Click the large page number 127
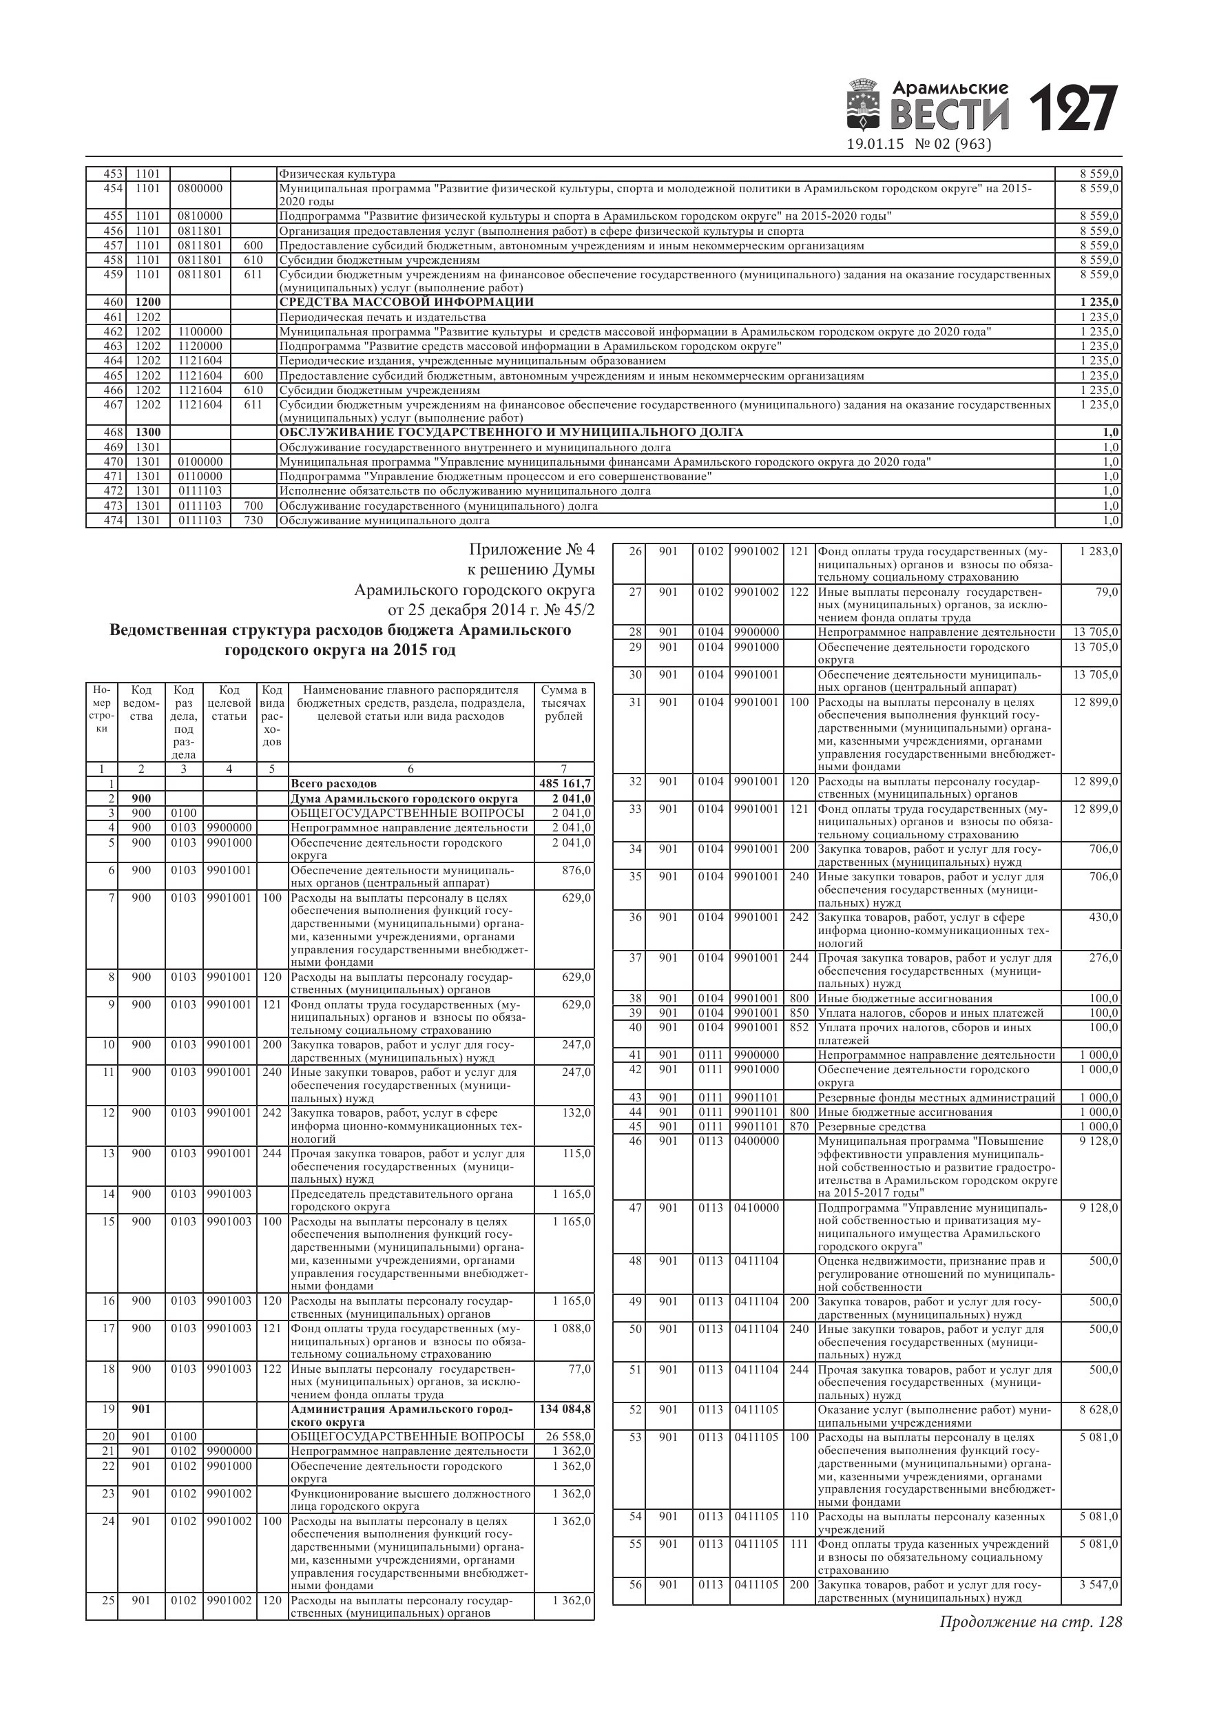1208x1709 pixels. coord(1073,109)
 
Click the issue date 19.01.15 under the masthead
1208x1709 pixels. coord(875,145)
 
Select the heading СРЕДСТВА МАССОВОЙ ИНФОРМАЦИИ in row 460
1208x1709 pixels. coord(406,302)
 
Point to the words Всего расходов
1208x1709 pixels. coord(333,784)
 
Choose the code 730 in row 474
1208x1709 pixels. coord(253,520)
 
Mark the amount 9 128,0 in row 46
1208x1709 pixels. coord(1098,1141)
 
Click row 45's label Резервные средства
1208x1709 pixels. coord(872,1127)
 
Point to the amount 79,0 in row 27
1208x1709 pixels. coord(1106,592)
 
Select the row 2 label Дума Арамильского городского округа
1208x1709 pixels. coord(404,798)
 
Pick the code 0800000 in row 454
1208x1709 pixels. coord(200,188)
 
